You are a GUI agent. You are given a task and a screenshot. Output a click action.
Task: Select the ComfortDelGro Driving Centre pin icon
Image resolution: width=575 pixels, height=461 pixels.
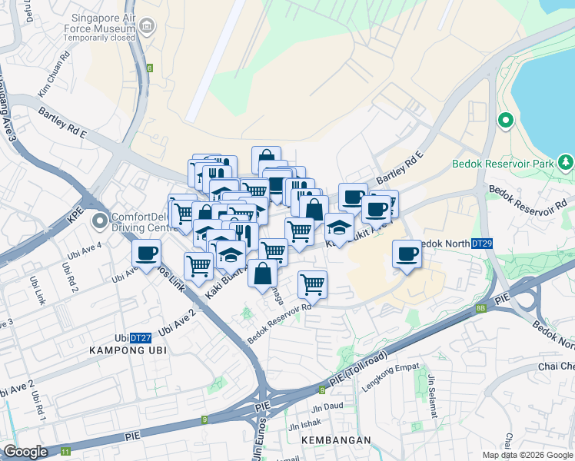(x=100, y=221)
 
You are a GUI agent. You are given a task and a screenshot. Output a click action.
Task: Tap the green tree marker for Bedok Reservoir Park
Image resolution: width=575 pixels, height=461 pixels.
(x=566, y=162)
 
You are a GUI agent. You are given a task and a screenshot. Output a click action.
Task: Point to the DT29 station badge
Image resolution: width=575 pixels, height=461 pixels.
(x=481, y=244)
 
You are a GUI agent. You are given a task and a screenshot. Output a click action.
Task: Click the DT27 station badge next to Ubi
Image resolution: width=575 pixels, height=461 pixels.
(x=139, y=337)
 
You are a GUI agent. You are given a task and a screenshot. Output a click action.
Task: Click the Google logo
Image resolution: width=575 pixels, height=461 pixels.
(x=25, y=452)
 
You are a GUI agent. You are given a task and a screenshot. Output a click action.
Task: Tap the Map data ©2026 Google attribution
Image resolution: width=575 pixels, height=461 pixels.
(x=527, y=455)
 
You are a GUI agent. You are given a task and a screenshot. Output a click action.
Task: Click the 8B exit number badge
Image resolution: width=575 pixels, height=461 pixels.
(x=481, y=308)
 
